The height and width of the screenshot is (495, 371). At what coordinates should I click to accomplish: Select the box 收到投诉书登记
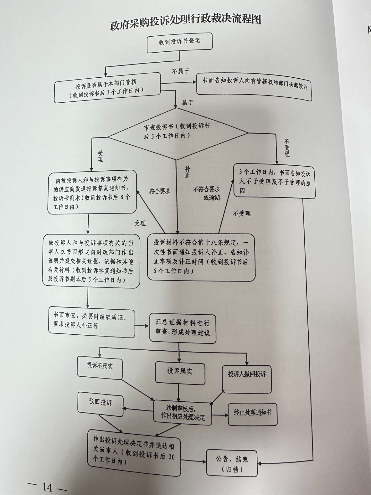click(180, 42)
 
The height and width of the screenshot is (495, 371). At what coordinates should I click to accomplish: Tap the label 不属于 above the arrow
click(181, 71)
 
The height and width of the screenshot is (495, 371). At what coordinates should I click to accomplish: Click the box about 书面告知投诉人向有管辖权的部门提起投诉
click(254, 87)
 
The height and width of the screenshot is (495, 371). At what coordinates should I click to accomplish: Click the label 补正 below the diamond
click(187, 171)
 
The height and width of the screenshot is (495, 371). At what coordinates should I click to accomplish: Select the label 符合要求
click(160, 191)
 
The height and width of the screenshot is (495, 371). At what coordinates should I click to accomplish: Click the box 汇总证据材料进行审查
click(182, 328)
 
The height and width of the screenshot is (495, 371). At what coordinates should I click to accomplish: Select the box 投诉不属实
click(100, 366)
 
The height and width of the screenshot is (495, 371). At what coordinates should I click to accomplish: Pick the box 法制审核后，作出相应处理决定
click(183, 412)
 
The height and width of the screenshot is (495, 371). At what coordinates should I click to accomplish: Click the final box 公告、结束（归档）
click(232, 463)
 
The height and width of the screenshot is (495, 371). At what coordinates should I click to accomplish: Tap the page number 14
click(47, 487)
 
